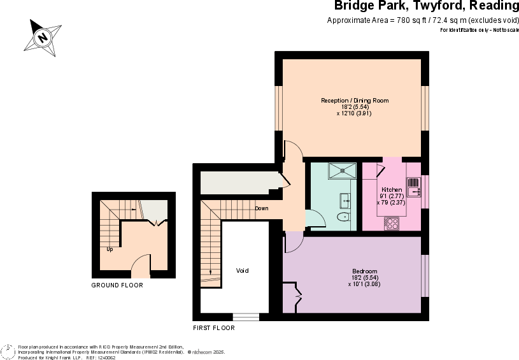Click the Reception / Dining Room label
coord(355,101)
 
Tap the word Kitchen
coord(392,190)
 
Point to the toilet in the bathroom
coord(344,217)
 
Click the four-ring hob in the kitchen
coord(392,224)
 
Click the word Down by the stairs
coord(262,208)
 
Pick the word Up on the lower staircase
coord(110,249)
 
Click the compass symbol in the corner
coord(7,352)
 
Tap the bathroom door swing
coord(315,219)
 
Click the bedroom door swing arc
coord(293,242)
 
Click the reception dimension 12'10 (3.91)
coord(354,113)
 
